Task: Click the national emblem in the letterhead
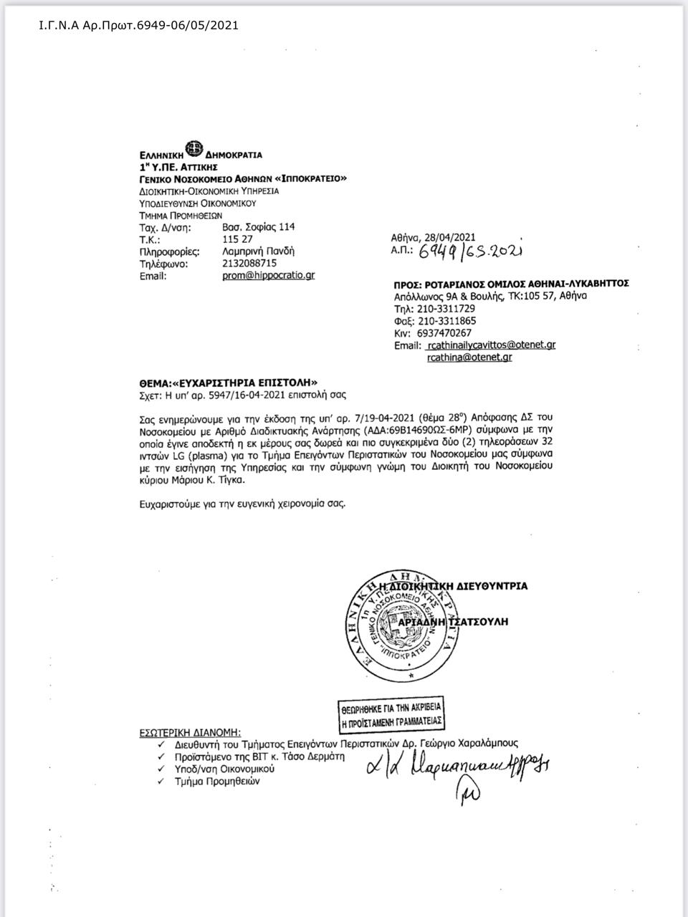coord(193,150)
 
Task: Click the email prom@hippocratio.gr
coord(268,275)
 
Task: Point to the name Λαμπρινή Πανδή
coord(259,251)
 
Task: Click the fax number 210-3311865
coord(446,321)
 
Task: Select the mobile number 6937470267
coord(444,333)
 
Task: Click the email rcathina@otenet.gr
coord(469,357)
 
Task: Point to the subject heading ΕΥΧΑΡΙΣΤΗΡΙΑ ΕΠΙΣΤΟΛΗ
coord(242,383)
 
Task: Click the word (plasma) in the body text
coord(208,454)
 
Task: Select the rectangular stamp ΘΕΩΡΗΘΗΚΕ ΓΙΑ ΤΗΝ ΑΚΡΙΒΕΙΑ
coord(391,714)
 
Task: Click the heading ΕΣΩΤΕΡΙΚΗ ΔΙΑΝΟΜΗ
coord(190,732)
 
